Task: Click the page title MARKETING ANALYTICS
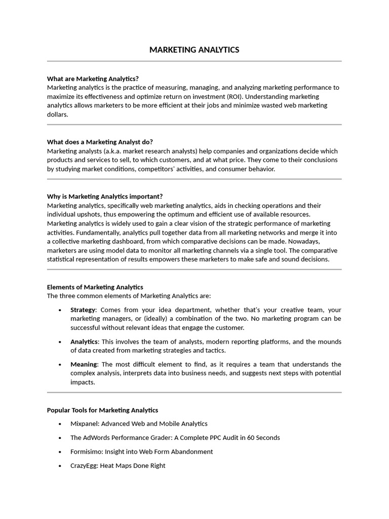click(194, 50)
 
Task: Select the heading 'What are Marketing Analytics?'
click(93, 79)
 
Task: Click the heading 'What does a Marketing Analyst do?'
click(100, 142)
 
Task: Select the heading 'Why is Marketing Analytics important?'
click(105, 196)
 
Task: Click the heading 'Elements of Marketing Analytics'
click(95, 287)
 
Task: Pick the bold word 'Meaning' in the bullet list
click(84, 364)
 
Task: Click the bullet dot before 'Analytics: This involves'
click(60, 342)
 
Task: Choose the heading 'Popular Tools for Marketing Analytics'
click(102, 410)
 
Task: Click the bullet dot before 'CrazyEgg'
click(60, 466)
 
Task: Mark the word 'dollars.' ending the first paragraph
click(57, 115)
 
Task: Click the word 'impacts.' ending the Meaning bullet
click(83, 382)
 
